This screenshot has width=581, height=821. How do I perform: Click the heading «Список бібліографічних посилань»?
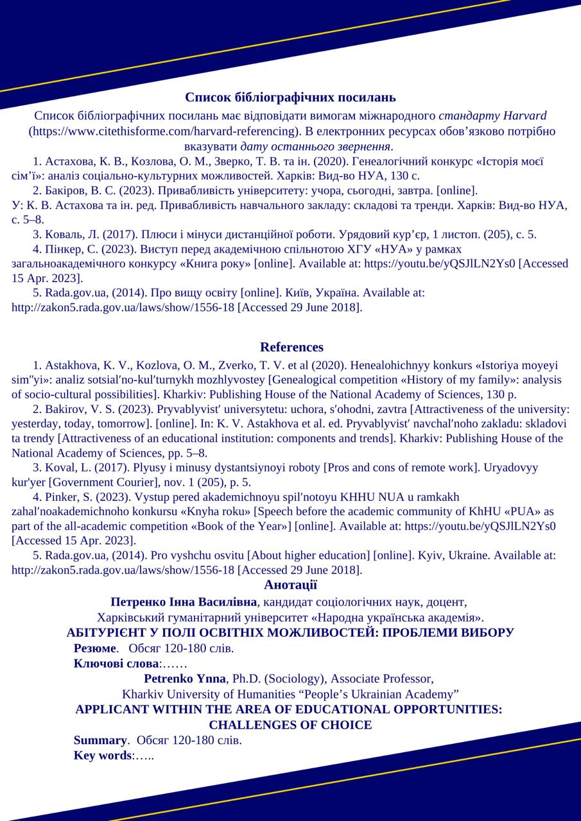(290, 97)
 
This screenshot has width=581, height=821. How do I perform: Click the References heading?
(291, 347)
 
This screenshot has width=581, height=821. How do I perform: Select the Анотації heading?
(290, 585)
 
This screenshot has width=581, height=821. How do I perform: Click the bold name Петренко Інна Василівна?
(184, 602)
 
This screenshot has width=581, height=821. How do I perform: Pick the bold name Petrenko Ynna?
(185, 679)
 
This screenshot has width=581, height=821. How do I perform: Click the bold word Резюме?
(95, 648)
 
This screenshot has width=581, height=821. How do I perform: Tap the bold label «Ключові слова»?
(116, 664)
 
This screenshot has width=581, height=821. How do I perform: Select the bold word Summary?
(100, 740)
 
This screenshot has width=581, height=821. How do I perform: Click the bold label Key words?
(103, 756)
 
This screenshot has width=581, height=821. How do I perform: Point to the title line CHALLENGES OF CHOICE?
(290, 725)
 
